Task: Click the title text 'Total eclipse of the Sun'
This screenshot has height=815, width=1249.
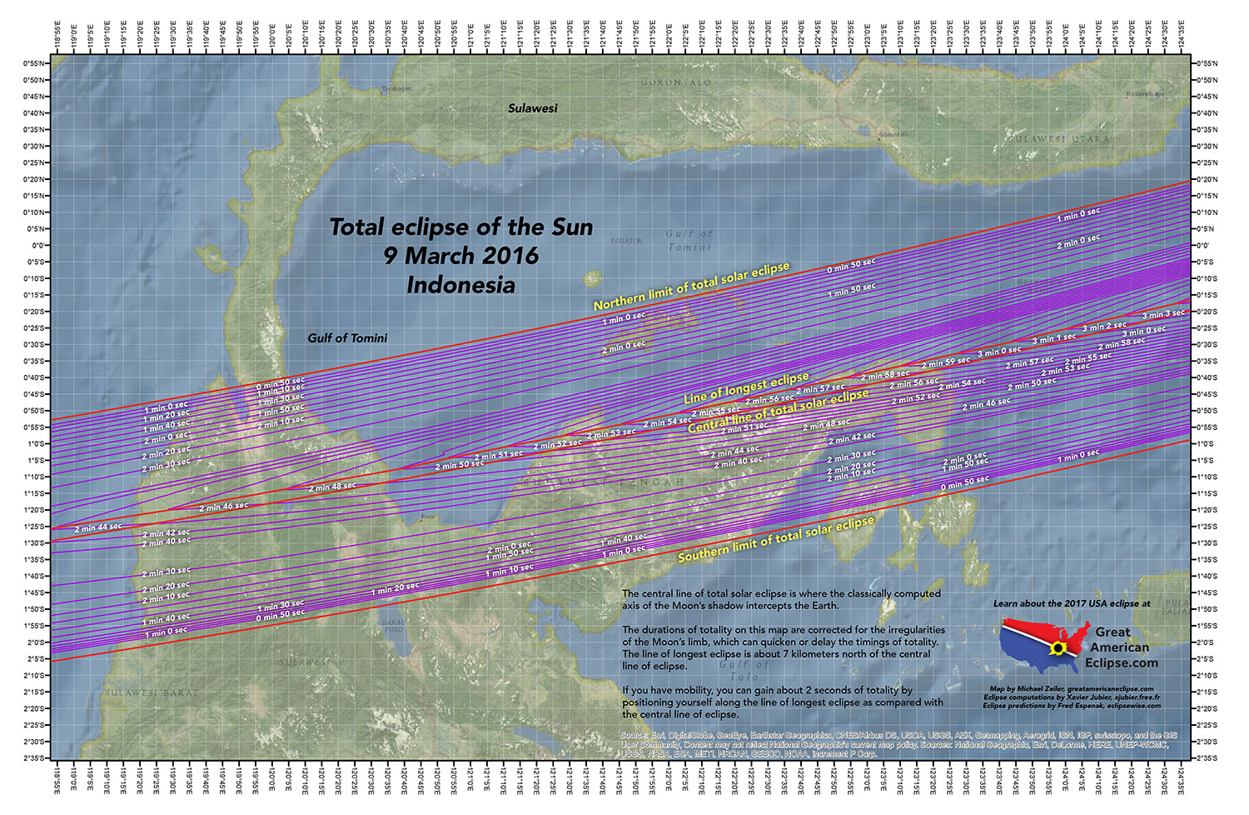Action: coord(461,227)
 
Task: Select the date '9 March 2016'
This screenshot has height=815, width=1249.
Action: coord(461,256)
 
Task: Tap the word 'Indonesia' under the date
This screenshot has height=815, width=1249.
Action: coord(460,285)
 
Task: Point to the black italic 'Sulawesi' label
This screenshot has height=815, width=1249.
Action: coord(533,108)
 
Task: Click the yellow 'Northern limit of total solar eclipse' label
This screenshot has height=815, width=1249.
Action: coord(691,287)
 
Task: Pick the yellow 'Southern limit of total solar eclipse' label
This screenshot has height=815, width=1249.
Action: coord(776,538)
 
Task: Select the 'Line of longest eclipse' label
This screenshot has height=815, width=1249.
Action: coord(746,388)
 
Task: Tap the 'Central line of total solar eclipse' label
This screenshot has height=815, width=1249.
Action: coord(778,410)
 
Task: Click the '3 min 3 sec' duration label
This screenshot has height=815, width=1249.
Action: coord(1163,314)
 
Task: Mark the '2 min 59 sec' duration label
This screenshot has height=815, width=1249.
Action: coord(946,362)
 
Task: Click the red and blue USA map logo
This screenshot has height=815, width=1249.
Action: coord(1044,645)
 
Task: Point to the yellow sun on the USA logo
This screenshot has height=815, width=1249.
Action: coord(1058,648)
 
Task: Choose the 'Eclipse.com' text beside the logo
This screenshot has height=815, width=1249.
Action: coord(1122,663)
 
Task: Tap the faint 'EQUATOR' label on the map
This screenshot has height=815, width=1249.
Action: coord(626,241)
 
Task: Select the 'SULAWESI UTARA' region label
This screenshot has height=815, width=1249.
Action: coord(1058,139)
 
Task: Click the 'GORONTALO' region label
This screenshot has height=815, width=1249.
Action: coord(676,82)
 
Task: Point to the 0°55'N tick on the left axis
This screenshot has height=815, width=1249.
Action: coord(35,63)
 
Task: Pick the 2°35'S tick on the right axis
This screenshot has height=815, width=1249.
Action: coord(1206,758)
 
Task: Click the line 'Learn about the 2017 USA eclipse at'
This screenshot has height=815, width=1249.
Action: coord(1072,603)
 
